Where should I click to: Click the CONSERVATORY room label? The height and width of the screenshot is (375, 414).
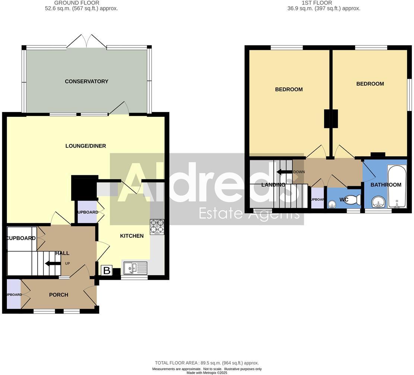(x=86, y=81)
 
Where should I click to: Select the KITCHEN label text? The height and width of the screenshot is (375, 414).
(x=132, y=236)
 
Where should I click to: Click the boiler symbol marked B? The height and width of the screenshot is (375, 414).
(x=106, y=270)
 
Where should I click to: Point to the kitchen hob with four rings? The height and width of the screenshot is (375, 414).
(x=157, y=226)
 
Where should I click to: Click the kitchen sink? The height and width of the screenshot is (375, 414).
(x=135, y=267)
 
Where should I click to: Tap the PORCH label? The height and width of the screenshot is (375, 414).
(x=59, y=295)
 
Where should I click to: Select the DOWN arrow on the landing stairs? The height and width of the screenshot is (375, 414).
(x=283, y=172)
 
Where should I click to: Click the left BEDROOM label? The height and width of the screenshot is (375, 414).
(x=289, y=89)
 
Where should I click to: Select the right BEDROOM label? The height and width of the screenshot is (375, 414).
(x=370, y=84)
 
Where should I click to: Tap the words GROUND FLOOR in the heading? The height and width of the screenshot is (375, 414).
(x=77, y=3)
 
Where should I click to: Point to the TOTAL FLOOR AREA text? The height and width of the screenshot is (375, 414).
(x=207, y=363)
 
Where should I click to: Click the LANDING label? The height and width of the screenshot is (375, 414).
(x=273, y=185)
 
